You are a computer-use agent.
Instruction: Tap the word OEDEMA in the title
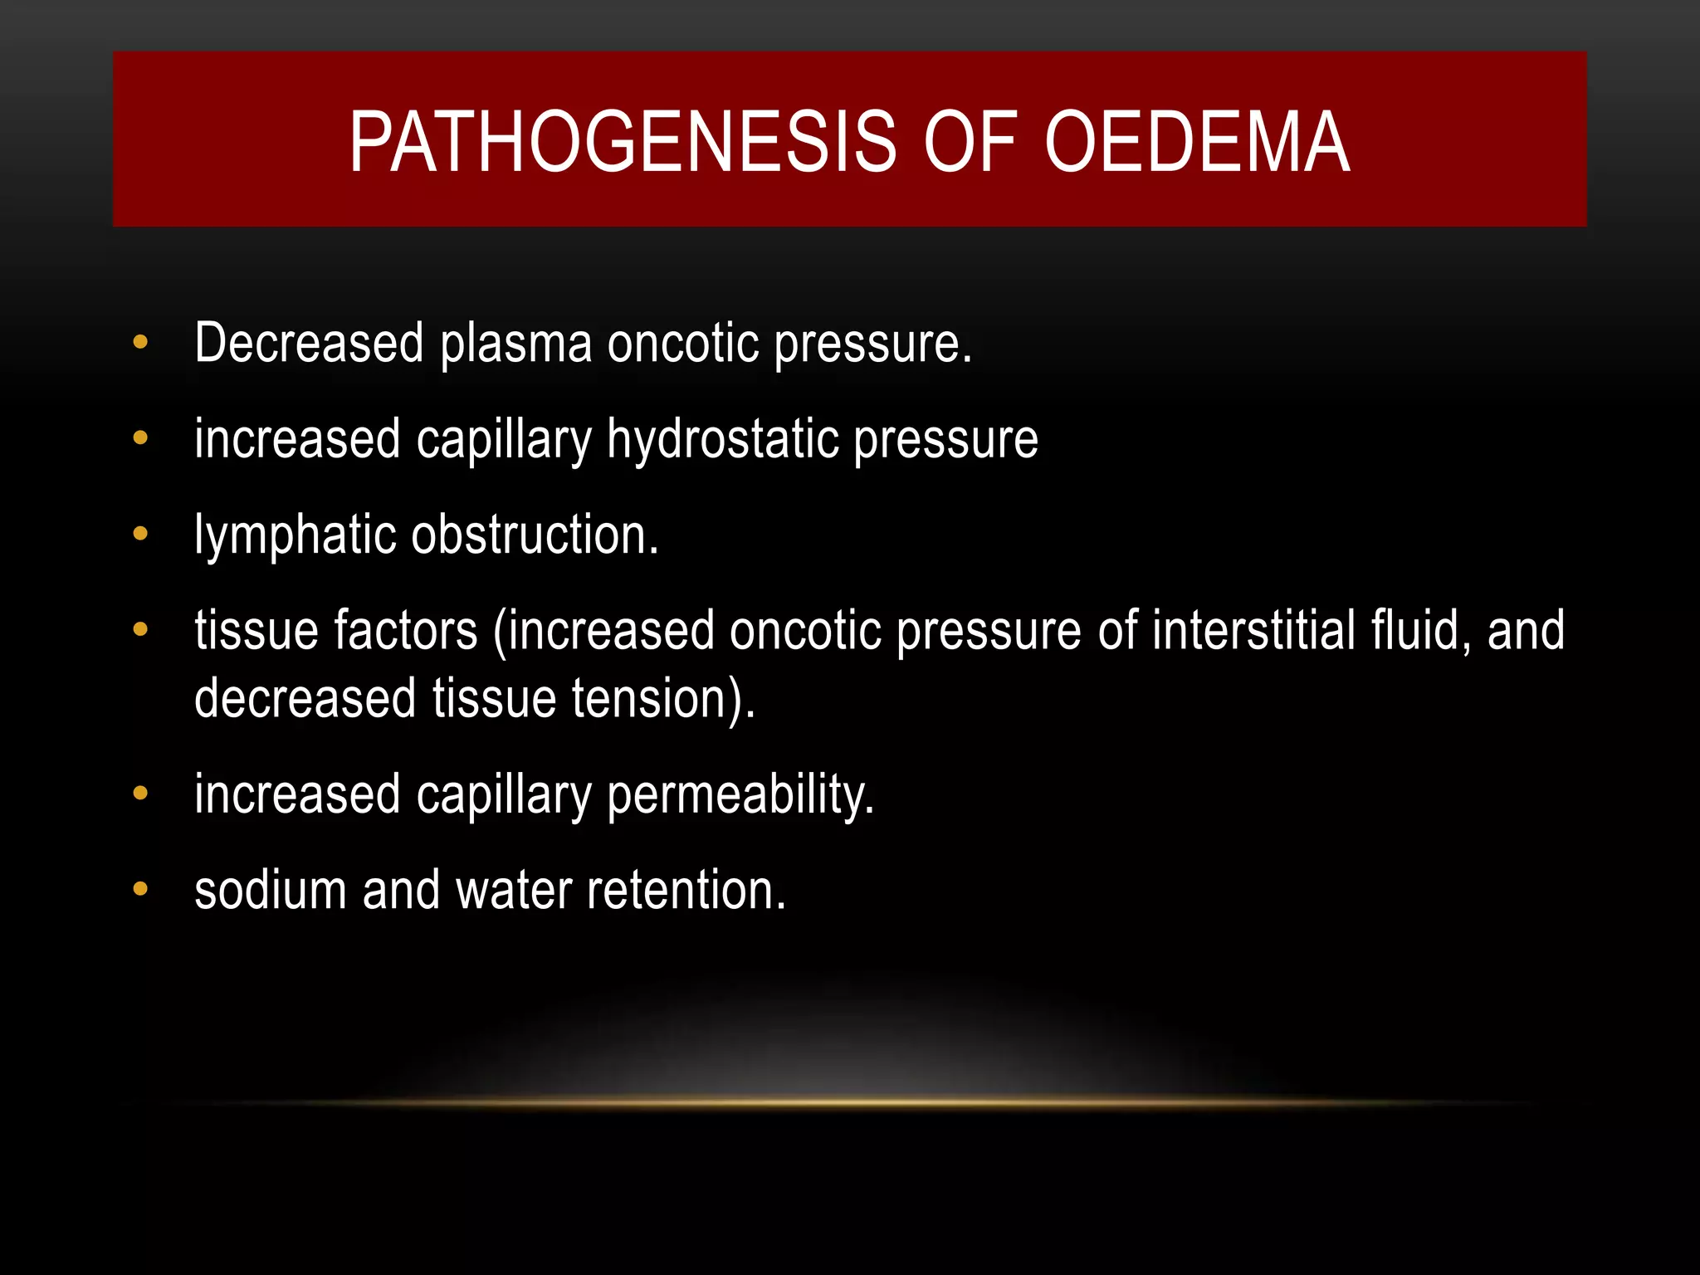tap(1197, 143)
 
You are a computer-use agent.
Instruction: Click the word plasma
tap(515, 344)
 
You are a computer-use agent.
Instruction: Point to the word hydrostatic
tap(721, 440)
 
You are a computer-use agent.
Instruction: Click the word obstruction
tap(535, 535)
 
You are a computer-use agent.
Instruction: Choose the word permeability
tap(740, 795)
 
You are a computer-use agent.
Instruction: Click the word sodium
tap(271, 891)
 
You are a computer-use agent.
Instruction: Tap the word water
tap(514, 891)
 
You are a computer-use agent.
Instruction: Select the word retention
tap(686, 891)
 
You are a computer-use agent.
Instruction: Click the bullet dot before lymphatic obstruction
tap(140, 534)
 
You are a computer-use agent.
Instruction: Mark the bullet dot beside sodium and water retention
tap(140, 889)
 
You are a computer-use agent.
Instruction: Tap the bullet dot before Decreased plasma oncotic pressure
tap(140, 342)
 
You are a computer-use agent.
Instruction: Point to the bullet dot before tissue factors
tap(140, 629)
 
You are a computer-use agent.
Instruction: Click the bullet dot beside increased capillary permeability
tap(140, 794)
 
